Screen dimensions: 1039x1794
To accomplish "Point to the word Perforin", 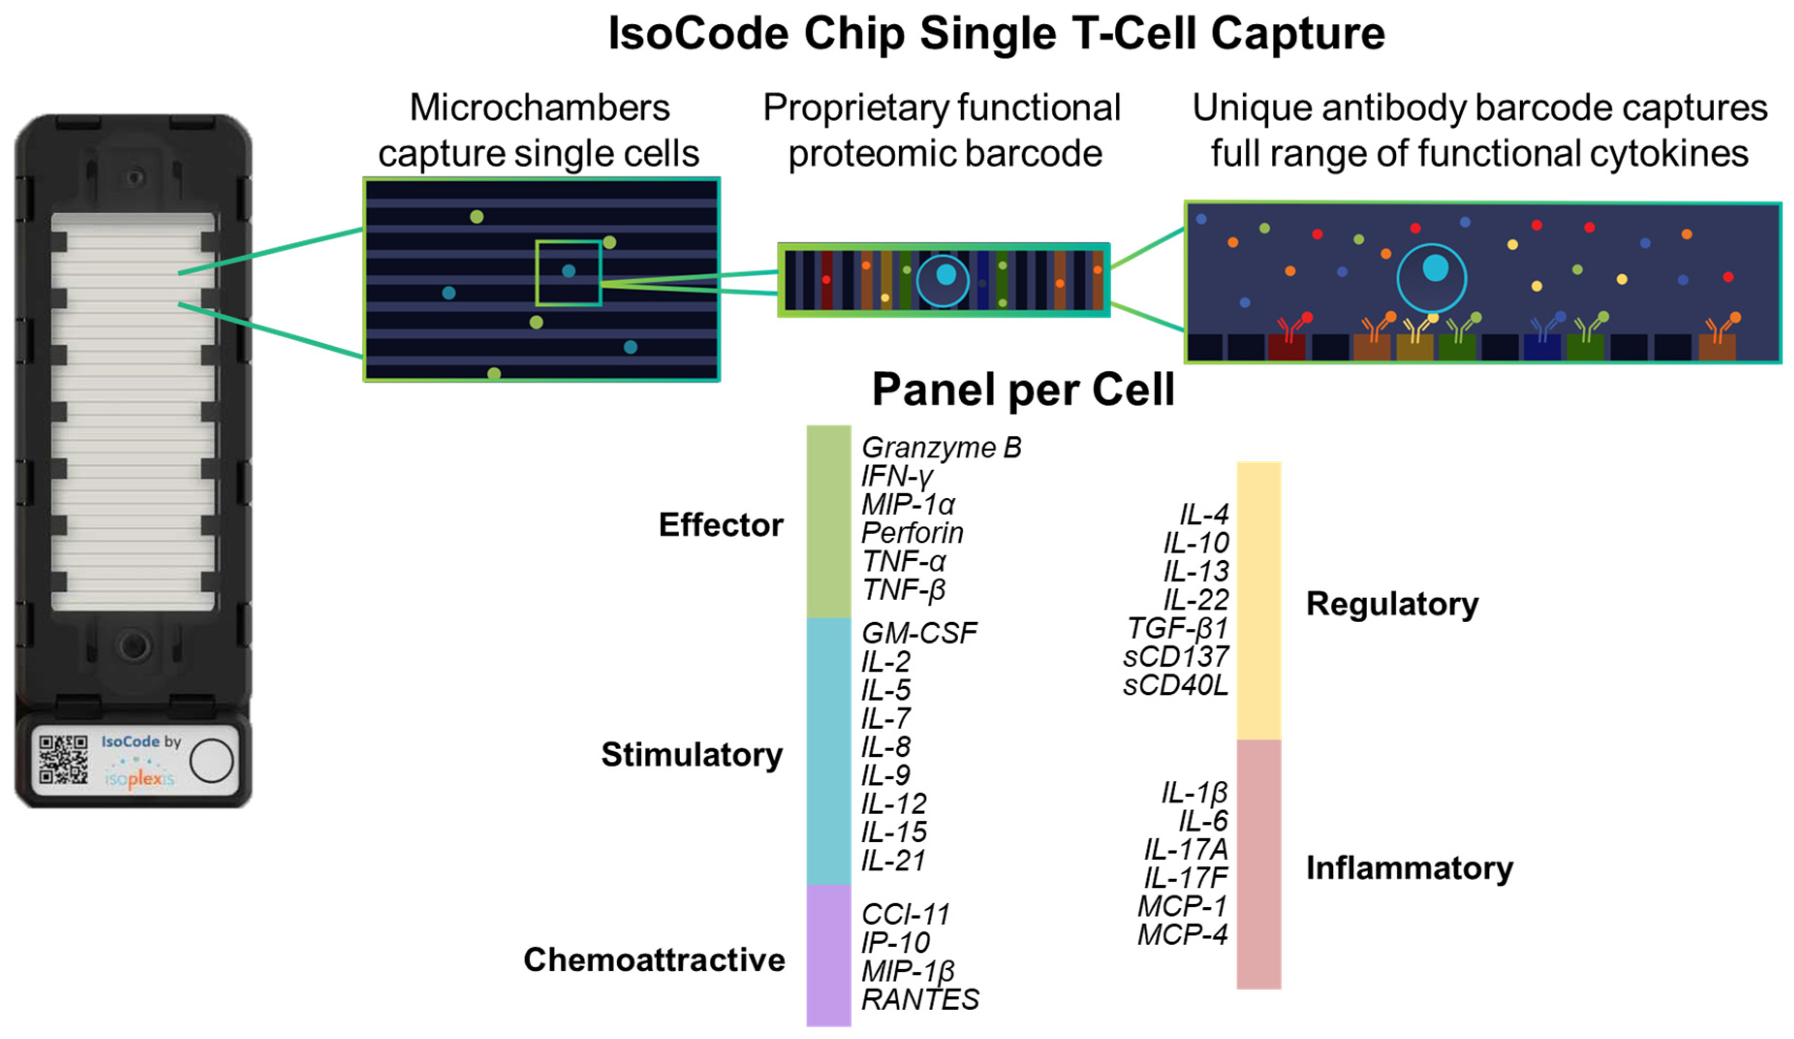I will point(912,533).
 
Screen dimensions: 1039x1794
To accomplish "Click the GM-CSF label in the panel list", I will point(919,633).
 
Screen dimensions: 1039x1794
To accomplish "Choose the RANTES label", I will point(920,1000).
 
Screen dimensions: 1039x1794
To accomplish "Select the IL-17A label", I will point(1186,850).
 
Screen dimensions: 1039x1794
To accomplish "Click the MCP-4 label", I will point(1183,934).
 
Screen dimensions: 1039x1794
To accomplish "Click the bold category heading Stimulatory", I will point(691,755).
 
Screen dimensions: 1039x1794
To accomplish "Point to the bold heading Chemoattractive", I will point(654,960).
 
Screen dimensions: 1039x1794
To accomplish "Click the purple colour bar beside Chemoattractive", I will point(828,954).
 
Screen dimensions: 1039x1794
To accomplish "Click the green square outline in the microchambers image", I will point(568,273).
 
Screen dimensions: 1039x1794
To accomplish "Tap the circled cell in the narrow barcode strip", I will point(943,280).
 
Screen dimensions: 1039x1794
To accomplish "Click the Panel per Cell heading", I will point(1023,390).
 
